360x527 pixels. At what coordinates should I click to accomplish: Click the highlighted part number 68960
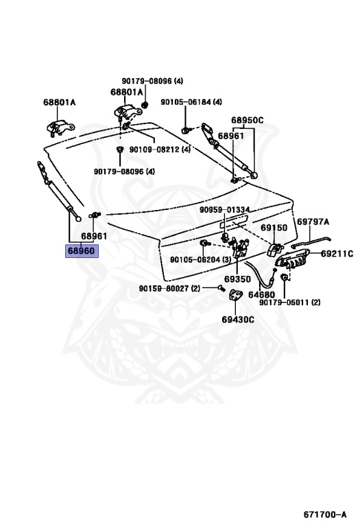[x=82, y=250]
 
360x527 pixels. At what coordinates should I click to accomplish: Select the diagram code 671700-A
[x=325, y=514]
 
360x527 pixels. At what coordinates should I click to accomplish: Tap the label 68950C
[x=247, y=120]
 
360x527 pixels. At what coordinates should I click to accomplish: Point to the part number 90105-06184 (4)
[x=191, y=102]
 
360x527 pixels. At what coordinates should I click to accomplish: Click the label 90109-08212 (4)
[x=160, y=149]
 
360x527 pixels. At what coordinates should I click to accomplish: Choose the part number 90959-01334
[x=225, y=210]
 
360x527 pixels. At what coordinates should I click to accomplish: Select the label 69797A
[x=313, y=222]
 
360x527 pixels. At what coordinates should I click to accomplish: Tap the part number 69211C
[x=337, y=254]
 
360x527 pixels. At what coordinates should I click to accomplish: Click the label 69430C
[x=238, y=319]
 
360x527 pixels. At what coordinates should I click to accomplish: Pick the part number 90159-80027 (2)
[x=169, y=288]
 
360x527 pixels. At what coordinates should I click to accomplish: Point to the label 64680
[x=261, y=295]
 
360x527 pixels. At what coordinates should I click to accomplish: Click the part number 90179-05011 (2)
[x=290, y=303]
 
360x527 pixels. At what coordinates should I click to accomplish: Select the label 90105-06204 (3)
[x=200, y=260]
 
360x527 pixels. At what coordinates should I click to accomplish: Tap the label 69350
[x=237, y=279]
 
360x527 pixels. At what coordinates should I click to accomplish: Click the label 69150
[x=274, y=228]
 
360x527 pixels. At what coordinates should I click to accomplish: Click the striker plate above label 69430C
[x=235, y=296]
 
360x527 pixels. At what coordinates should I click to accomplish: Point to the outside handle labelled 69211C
[x=289, y=261]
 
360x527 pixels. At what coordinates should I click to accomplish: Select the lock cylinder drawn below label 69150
[x=274, y=249]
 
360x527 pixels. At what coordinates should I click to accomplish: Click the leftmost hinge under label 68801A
[x=60, y=128]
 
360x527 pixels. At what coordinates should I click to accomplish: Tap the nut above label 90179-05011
[x=284, y=277]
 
